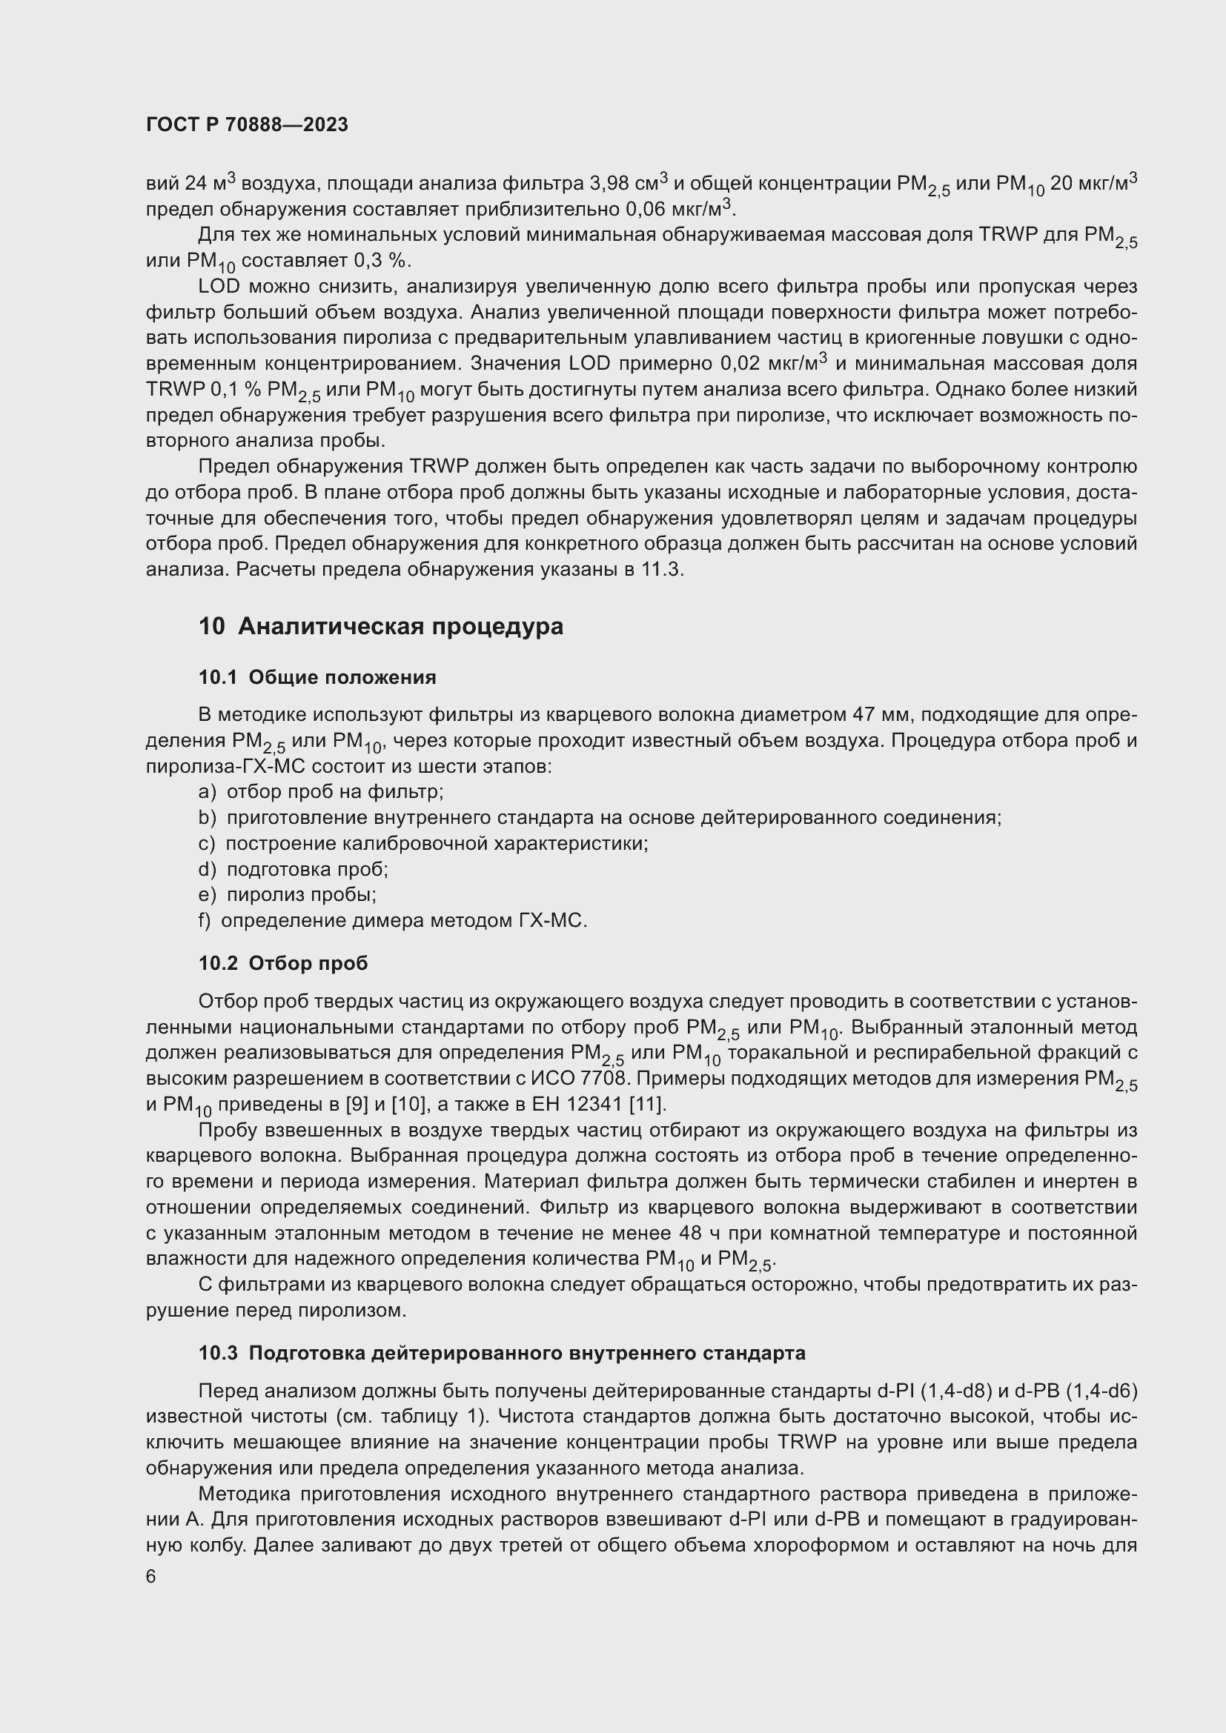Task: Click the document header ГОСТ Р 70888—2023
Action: (247, 124)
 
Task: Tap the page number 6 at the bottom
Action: (151, 1577)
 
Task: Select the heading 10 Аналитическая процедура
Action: (380, 627)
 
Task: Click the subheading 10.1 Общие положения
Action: (317, 677)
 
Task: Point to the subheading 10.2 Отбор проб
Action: (283, 963)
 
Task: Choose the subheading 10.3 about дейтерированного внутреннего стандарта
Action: (501, 1353)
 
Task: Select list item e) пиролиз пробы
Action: (288, 894)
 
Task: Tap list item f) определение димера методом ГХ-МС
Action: (393, 920)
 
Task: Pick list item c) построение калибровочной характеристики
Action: (423, 843)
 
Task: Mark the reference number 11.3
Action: (661, 569)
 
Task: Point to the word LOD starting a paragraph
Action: (219, 286)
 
